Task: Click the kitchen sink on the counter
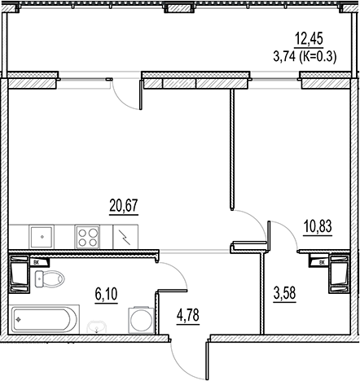[x=41, y=237]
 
